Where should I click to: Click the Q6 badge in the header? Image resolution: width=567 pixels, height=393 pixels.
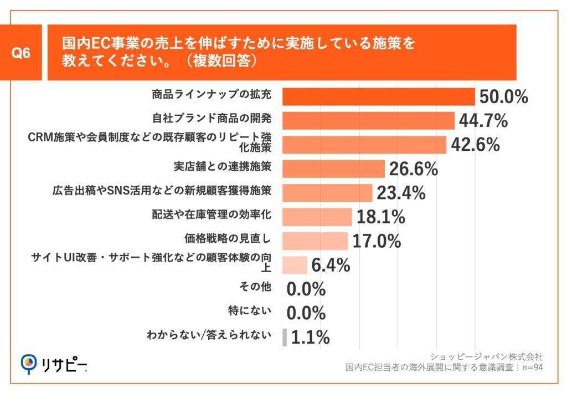click(x=20, y=54)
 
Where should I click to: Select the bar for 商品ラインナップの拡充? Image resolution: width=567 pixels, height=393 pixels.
click(x=379, y=96)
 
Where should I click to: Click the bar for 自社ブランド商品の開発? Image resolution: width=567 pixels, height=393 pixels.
click(x=368, y=120)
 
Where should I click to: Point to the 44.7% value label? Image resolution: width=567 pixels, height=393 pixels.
click(x=483, y=120)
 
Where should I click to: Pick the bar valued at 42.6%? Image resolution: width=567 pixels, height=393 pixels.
click(x=364, y=145)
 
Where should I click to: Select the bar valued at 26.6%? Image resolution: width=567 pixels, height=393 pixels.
click(x=333, y=169)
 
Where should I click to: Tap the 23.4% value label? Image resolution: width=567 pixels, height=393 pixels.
click(x=401, y=193)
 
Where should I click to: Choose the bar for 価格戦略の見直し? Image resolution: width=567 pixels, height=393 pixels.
click(x=315, y=241)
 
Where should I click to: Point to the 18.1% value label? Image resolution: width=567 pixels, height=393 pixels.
click(x=380, y=217)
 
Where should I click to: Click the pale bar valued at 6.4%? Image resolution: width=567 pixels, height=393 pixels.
click(x=295, y=265)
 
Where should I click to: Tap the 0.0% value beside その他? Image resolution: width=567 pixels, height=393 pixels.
click(x=306, y=289)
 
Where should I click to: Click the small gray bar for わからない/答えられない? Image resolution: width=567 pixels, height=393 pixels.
click(x=285, y=338)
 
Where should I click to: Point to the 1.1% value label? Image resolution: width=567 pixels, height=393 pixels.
click(x=310, y=338)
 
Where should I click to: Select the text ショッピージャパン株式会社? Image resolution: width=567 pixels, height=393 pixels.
click(x=486, y=356)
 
